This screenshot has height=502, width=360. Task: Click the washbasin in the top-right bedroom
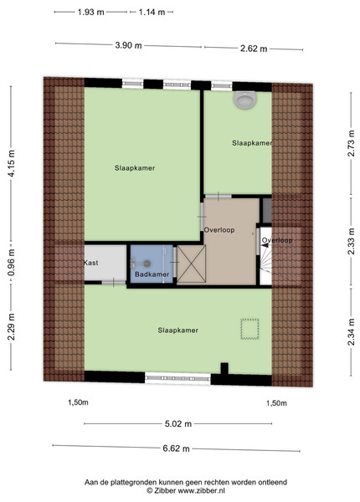(245, 100)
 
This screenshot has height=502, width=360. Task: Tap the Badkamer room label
(152, 274)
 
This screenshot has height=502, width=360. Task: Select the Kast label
(91, 263)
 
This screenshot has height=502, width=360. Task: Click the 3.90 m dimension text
(128, 45)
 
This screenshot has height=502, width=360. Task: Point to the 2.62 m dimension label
(254, 49)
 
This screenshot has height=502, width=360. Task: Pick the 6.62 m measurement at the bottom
(176, 448)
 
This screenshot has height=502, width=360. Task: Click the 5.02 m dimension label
(178, 424)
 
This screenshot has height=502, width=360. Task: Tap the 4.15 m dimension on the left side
(11, 163)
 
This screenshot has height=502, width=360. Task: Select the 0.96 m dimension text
(11, 263)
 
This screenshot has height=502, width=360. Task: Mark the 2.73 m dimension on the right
(351, 143)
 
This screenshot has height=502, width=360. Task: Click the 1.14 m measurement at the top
(152, 13)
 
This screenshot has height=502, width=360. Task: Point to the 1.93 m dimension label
(91, 13)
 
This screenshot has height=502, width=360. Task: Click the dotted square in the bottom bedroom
(249, 329)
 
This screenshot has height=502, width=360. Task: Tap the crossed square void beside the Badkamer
(192, 264)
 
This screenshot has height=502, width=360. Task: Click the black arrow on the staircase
(265, 245)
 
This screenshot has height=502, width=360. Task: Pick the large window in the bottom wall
(177, 378)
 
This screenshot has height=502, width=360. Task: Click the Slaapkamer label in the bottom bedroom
(178, 330)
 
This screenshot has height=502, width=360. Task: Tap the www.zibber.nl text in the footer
(202, 490)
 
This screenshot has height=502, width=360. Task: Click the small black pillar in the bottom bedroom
(224, 368)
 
